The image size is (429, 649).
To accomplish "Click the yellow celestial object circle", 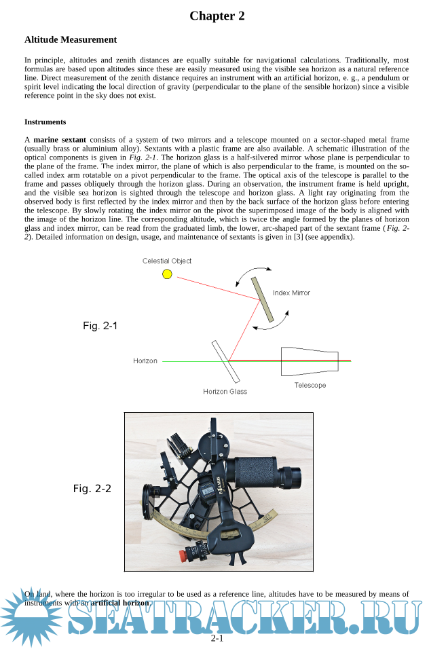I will click(x=167, y=274).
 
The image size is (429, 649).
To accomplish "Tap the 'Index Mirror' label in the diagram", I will click(x=291, y=293).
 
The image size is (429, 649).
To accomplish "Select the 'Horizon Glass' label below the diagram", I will click(x=225, y=392).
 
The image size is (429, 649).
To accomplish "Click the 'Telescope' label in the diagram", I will click(x=310, y=386).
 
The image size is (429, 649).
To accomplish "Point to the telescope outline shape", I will click(x=309, y=360).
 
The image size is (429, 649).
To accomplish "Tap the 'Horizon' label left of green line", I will click(x=145, y=361).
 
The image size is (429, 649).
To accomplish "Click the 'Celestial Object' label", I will click(x=167, y=261).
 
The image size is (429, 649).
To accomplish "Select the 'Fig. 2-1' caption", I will click(x=100, y=326).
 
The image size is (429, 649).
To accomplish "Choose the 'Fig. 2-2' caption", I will click(x=92, y=489).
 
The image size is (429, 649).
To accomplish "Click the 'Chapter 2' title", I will click(x=217, y=16).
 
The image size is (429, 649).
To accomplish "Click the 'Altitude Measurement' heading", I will click(x=71, y=40).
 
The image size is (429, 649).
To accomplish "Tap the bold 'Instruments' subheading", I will click(x=45, y=122).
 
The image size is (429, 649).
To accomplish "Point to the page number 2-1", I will click(x=217, y=639).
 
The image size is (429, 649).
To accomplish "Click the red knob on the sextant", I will click(x=183, y=555).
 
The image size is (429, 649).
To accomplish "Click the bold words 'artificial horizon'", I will click(x=119, y=603).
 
